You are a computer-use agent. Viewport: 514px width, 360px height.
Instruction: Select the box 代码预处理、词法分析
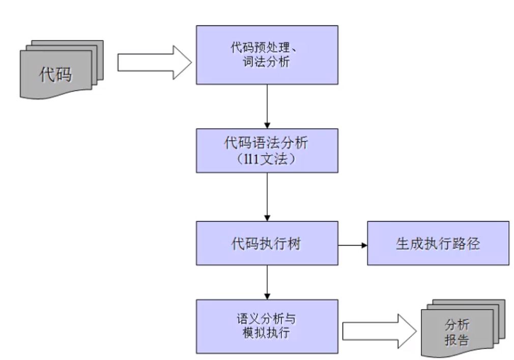pyautogui.click(x=267, y=54)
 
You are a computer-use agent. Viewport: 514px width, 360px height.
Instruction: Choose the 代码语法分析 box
pyautogui.click(x=267, y=151)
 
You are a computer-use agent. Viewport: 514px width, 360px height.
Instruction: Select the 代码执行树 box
pyautogui.click(x=267, y=243)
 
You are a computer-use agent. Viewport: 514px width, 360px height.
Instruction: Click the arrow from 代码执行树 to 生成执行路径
pyautogui.click(x=352, y=246)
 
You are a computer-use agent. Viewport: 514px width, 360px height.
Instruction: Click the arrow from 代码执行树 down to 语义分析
pyautogui.click(x=267, y=282)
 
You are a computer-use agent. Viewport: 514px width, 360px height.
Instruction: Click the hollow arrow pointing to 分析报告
pyautogui.click(x=379, y=332)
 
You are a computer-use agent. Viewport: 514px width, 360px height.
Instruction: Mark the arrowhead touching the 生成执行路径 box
pyautogui.click(x=364, y=246)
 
